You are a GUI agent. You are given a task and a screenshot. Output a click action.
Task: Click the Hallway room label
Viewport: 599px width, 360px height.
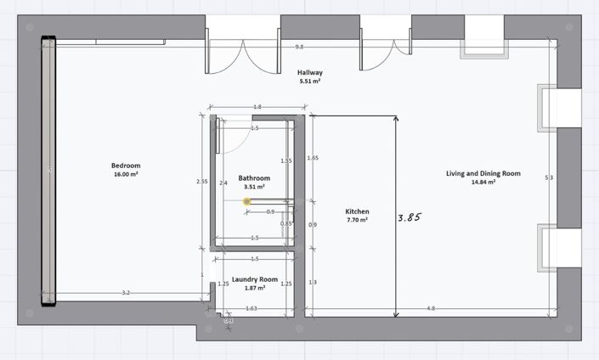[309, 73]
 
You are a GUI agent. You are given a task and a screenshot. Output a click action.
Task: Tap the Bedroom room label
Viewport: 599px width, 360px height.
[125, 166]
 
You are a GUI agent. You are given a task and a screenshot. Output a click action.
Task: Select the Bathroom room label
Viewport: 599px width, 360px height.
[254, 178]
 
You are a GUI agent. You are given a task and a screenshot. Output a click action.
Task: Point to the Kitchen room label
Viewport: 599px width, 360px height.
[357, 211]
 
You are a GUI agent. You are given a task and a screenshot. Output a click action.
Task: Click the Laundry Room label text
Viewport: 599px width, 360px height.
[255, 279]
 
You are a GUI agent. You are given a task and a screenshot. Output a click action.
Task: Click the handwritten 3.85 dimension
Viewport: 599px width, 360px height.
[410, 217]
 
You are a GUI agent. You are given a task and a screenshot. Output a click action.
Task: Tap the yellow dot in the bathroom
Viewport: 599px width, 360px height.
[246, 202]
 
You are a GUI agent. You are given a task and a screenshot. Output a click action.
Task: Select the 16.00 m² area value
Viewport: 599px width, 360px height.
[125, 174]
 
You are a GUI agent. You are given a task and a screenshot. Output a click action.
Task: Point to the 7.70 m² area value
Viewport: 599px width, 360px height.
[357, 220]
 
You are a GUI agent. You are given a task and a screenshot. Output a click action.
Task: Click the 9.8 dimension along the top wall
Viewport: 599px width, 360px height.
[299, 48]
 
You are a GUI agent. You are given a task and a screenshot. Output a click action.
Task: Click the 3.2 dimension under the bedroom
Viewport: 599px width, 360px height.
[126, 293]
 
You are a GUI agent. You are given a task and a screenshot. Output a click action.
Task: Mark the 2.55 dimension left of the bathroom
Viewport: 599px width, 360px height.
[201, 181]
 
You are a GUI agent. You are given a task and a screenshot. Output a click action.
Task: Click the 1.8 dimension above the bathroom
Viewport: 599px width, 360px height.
[257, 107]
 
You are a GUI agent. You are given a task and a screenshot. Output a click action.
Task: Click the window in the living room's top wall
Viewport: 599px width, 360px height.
[482, 48]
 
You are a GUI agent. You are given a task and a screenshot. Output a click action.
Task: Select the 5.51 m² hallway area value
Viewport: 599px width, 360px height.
[309, 82]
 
